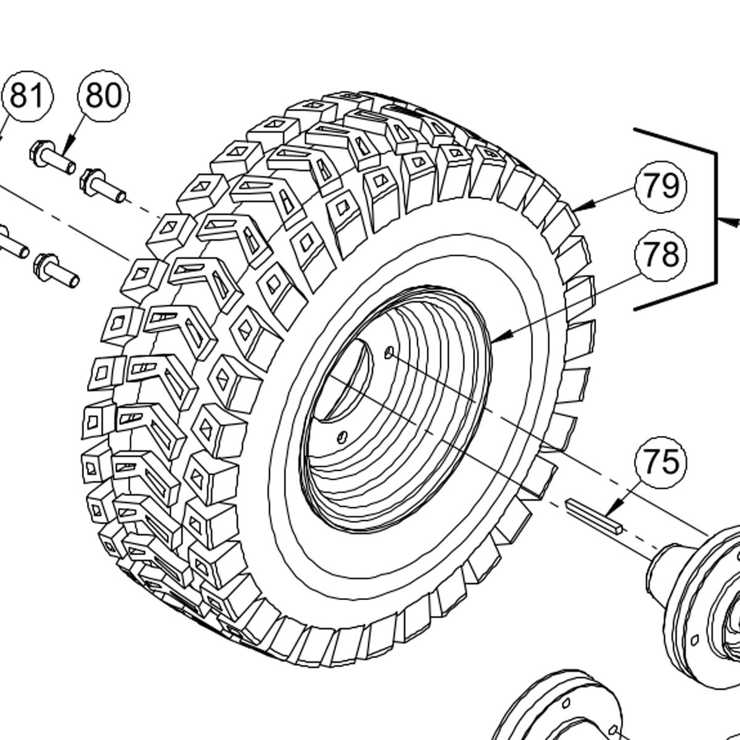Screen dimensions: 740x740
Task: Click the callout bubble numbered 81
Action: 27,96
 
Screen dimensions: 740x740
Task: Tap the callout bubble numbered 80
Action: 104,96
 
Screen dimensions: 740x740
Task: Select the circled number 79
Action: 660,186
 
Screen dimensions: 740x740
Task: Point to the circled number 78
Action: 660,254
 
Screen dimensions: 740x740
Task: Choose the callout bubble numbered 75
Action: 660,461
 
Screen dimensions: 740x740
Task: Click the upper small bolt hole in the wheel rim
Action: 389,352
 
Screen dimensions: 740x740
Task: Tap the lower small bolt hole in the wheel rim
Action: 342,436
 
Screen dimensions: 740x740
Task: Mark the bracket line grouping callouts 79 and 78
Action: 715,219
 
